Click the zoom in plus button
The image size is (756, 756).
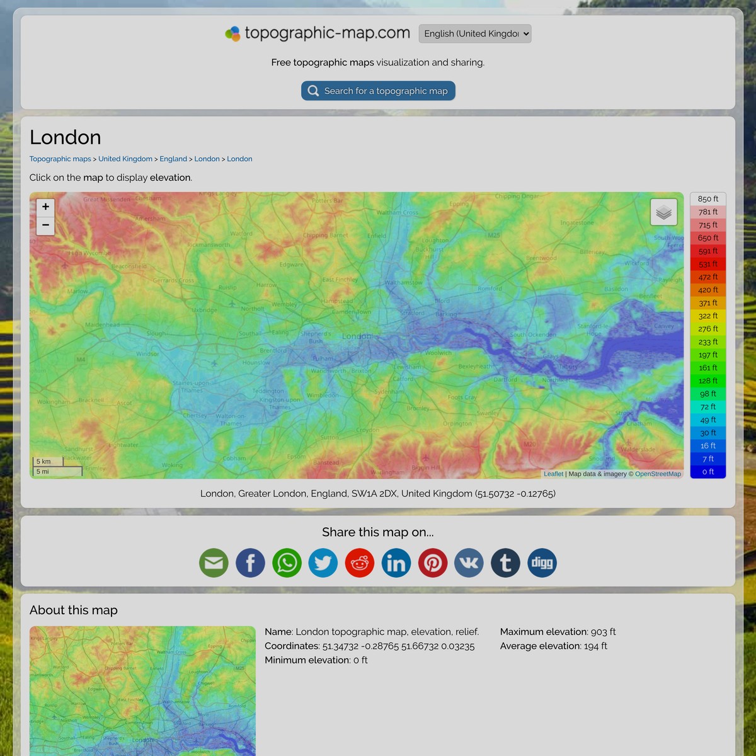point(45,207)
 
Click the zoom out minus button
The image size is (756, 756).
point(45,225)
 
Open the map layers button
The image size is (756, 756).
point(663,212)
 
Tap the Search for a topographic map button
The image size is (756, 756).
point(378,91)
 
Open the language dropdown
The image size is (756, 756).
point(475,33)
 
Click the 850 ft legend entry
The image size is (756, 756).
point(708,199)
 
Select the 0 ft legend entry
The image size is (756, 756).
point(708,472)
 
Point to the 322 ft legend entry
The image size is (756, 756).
point(708,316)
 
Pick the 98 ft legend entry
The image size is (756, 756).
point(708,394)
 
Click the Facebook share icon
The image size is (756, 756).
point(250,563)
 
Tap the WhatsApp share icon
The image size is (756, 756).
point(287,563)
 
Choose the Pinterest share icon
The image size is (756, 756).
point(433,563)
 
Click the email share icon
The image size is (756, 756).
point(214,563)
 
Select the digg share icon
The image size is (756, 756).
point(542,563)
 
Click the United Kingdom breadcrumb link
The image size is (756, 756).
point(125,159)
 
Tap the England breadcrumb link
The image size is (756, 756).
point(173,159)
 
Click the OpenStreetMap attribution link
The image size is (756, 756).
point(658,474)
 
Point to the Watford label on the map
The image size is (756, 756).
point(241,234)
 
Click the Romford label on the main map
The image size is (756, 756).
point(490,289)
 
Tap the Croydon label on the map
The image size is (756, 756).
point(368,430)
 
